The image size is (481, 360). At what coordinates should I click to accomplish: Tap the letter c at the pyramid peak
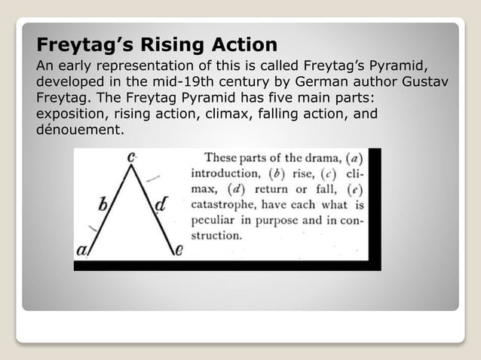[132, 157]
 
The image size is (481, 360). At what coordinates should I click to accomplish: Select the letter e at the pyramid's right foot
[178, 251]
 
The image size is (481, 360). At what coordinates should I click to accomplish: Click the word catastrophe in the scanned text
[226, 203]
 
